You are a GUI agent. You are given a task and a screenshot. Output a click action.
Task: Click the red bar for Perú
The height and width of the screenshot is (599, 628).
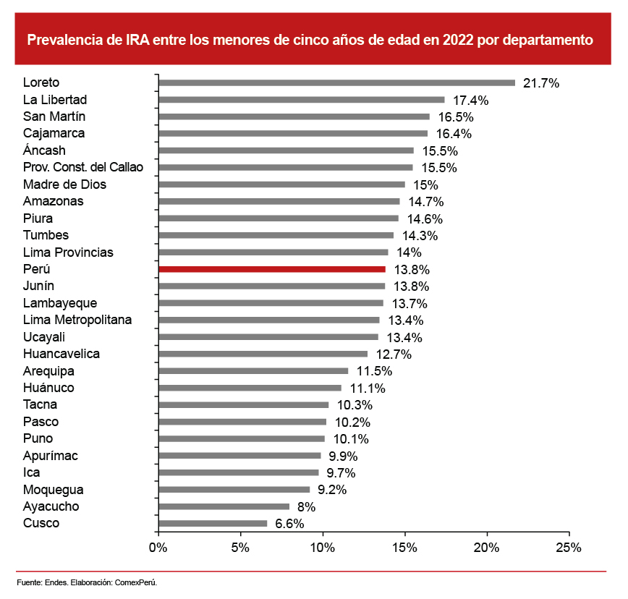(271, 269)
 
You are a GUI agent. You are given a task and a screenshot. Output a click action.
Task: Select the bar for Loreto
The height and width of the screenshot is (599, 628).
(336, 82)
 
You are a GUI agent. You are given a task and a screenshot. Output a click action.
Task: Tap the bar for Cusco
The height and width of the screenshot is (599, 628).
(212, 523)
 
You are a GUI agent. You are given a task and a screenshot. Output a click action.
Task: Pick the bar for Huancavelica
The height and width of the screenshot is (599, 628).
(263, 354)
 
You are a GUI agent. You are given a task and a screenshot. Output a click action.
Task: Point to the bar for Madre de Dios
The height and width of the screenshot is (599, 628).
(281, 184)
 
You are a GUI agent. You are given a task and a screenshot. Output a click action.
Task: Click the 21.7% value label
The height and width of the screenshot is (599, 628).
(541, 83)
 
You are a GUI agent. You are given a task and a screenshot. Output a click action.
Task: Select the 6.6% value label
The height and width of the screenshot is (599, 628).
(289, 524)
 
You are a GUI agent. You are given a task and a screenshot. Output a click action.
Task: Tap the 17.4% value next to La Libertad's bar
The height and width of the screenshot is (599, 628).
(471, 100)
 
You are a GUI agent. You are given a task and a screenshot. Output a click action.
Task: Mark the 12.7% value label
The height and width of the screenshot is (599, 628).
(394, 354)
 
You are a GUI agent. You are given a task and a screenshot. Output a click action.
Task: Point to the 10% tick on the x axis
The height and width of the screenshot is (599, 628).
(323, 548)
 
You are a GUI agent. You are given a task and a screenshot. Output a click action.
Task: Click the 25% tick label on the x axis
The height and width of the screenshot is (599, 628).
(569, 548)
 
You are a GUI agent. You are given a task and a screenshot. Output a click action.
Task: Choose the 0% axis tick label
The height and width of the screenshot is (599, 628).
(158, 548)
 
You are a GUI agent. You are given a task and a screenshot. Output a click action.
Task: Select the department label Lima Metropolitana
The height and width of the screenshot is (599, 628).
(77, 320)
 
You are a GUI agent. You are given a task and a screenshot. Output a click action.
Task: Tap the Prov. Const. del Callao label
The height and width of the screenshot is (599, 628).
(83, 167)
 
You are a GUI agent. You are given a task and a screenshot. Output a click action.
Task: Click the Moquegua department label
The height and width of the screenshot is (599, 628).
(53, 490)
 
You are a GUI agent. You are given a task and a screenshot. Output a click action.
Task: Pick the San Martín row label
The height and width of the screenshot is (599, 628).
(54, 116)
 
